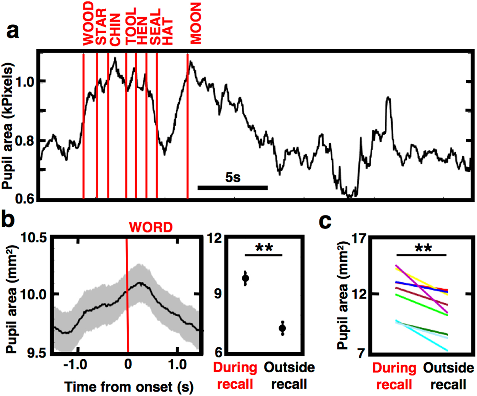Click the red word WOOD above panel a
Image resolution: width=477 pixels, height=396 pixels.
click(88, 24)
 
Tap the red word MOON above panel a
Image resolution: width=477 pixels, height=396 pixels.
click(195, 23)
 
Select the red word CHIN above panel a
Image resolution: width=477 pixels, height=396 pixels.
click(115, 30)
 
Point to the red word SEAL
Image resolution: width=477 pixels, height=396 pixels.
click(155, 27)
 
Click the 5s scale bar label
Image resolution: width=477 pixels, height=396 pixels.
click(233, 177)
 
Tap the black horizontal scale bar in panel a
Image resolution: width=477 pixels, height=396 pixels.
click(232, 188)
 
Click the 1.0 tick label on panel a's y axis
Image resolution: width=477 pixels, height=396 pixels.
click(25, 82)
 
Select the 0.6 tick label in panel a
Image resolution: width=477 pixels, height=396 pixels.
click(25, 199)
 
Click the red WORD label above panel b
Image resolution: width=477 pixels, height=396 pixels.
click(151, 227)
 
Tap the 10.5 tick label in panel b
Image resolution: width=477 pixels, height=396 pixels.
click(34, 238)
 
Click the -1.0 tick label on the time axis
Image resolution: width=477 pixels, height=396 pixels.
click(75, 364)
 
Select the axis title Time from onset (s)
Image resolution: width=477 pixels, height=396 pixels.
click(129, 387)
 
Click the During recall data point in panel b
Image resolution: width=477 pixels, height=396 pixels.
click(246, 278)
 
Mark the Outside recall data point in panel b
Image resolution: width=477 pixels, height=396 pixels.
click(282, 328)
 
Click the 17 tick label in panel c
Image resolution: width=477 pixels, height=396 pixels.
click(357, 239)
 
